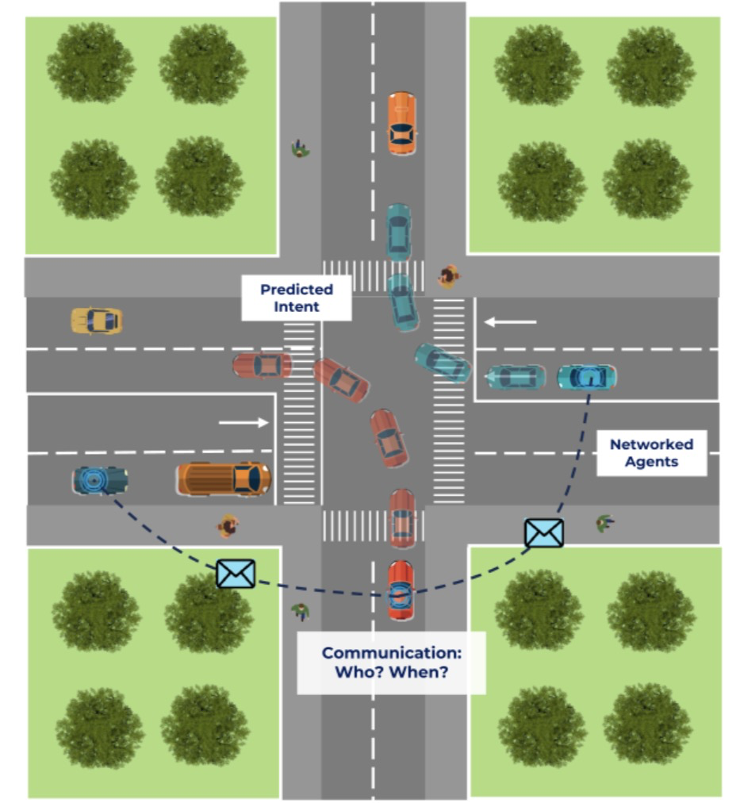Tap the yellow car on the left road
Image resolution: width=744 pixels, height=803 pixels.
97,321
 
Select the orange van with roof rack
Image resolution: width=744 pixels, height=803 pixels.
224,478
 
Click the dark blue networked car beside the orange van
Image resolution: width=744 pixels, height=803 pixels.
101,480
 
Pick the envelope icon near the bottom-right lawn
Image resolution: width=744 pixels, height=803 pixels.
544,532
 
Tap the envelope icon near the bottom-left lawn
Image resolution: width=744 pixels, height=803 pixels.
236,573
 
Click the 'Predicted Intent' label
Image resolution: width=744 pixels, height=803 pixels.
296,298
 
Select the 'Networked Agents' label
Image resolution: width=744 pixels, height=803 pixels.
651,453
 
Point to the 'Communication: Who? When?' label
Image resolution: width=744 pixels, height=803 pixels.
391,662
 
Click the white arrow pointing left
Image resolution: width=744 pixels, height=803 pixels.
511,322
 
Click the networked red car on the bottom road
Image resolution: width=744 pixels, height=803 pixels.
401,590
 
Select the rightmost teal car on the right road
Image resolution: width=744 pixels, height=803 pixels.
587,377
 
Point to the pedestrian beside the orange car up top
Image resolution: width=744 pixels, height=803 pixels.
300,148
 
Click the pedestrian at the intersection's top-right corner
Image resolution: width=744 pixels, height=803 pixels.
449,275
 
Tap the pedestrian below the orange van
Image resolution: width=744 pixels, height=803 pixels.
229,525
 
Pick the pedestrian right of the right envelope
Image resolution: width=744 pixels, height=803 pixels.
605,522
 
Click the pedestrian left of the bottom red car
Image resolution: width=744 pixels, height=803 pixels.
300,611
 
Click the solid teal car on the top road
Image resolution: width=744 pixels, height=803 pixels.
399,232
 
